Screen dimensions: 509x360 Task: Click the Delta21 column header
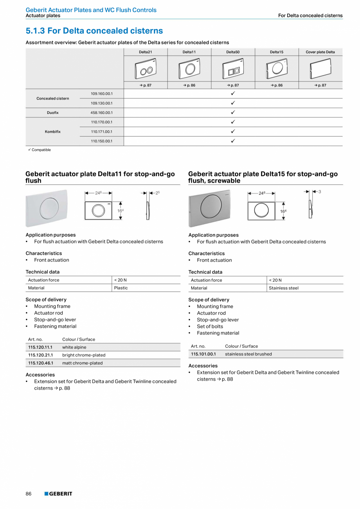[145, 52]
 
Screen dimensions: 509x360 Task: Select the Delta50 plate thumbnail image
[232, 69]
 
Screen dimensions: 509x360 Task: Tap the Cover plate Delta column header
[320, 52]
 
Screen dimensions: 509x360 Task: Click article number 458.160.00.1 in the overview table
[101, 113]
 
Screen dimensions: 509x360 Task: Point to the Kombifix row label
[53, 132]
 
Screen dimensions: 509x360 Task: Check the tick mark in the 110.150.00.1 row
[232, 141]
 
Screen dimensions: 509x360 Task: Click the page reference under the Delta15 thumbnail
[276, 85]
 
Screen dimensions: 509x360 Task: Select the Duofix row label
[53, 113]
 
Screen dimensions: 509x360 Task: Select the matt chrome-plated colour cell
[82, 363]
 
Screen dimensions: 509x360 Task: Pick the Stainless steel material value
[284, 288]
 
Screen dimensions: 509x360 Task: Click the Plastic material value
[121, 288]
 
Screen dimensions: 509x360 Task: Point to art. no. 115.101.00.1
[203, 354]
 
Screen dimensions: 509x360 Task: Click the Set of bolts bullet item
[210, 326]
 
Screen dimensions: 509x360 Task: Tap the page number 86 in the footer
[29, 494]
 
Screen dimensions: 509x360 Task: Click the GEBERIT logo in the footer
[58, 494]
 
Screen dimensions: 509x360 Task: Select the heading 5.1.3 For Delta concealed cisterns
[94, 31]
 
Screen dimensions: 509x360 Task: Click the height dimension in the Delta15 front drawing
[283, 211]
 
